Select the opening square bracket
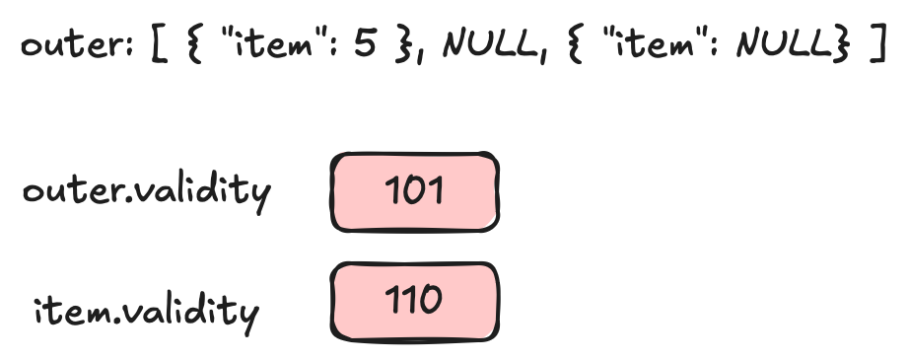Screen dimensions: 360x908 click(159, 47)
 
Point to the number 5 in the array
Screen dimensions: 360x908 click(366, 46)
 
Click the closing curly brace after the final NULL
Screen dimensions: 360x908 click(840, 47)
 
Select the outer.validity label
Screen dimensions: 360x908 click(146, 190)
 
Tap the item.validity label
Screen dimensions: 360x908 click(146, 311)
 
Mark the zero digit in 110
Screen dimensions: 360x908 click(432, 299)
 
